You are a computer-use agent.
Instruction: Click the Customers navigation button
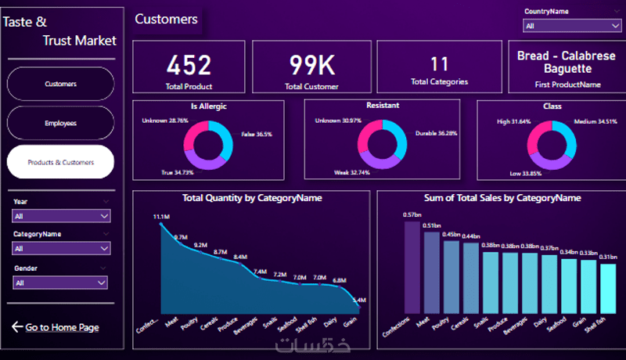click(60, 84)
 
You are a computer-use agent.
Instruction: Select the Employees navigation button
click(60, 123)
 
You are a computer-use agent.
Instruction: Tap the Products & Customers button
click(60, 162)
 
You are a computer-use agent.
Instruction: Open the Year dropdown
click(61, 215)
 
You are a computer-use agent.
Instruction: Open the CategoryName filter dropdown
click(61, 248)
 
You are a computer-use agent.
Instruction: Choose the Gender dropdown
click(61, 283)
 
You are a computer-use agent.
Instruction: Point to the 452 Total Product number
click(189, 65)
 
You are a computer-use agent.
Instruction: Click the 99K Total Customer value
click(311, 65)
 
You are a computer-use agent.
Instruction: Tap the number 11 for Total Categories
click(439, 63)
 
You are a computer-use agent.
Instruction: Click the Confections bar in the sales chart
click(412, 266)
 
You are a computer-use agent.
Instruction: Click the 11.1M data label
click(162, 216)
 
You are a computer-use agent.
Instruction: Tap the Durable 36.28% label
click(437, 134)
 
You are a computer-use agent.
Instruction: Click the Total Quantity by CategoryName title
click(251, 198)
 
